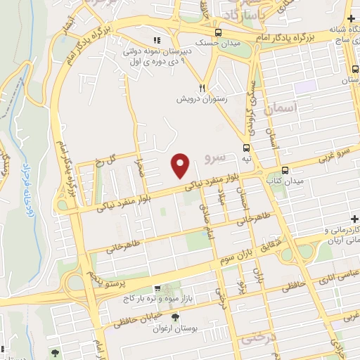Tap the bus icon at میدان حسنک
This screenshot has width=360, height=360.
pos(219,33)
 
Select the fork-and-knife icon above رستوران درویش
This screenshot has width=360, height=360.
pos(201,88)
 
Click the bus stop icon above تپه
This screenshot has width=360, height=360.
pos(246,148)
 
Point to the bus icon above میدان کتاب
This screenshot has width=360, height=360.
pos(285,170)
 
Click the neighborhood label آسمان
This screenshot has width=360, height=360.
pos(283,109)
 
